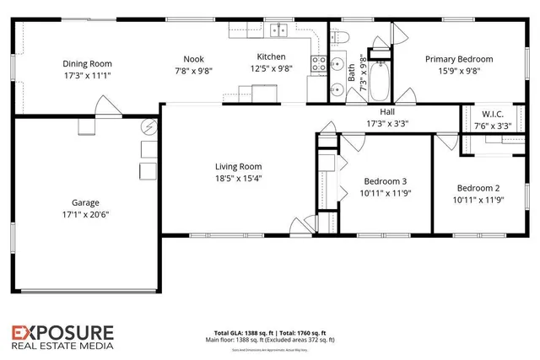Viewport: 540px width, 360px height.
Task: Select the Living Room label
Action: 237,166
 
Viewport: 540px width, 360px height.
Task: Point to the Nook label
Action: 193,59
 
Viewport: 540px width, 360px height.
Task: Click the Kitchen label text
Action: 271,57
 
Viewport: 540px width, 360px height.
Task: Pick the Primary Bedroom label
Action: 459,59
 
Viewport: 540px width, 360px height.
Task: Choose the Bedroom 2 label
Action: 479,188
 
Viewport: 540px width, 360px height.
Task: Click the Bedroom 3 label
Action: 385,181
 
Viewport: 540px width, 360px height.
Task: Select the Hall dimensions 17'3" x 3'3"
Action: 387,123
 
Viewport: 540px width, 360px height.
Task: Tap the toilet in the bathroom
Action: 342,37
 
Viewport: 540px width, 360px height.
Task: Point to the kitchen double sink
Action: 278,32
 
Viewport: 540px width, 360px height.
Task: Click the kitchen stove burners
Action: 320,62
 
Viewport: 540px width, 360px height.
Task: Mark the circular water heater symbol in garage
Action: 149,127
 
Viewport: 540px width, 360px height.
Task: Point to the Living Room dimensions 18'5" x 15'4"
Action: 237,178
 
